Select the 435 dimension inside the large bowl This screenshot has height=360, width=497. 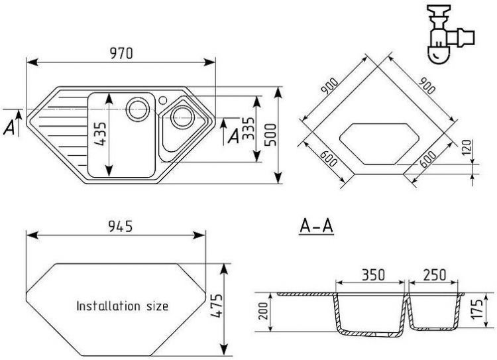tap(100, 137)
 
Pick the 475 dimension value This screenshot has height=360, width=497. tap(215, 306)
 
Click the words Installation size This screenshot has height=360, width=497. tap(122, 307)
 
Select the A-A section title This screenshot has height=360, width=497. tap(315, 228)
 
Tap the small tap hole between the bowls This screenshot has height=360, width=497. tap(162, 100)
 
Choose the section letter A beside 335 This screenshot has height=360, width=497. tap(233, 136)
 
